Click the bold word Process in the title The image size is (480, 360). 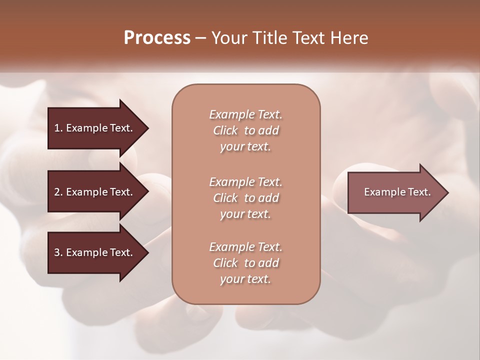(x=157, y=38)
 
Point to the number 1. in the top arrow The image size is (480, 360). (x=58, y=128)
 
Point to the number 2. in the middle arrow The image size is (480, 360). (x=58, y=192)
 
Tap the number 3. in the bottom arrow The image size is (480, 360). (x=58, y=252)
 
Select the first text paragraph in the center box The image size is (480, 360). (x=245, y=130)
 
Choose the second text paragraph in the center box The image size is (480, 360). (x=245, y=198)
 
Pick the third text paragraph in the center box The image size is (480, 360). (x=245, y=263)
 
